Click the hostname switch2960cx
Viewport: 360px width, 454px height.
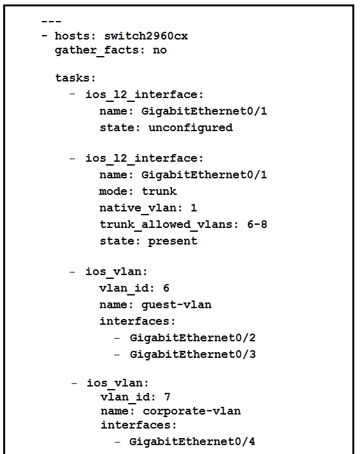point(146,36)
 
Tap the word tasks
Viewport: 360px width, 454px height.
point(73,78)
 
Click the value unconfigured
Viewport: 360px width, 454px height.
point(191,128)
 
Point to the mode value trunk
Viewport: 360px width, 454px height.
point(159,192)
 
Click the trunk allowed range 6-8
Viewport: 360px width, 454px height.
point(257,224)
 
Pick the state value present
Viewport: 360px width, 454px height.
point(173,241)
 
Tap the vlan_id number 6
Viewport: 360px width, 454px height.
point(166,288)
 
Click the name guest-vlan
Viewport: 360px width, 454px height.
point(176,305)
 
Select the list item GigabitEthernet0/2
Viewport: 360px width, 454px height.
point(193,338)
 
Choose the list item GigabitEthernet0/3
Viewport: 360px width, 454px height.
point(193,355)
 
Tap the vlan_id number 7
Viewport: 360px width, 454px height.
point(167,397)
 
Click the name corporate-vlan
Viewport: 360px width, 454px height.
point(192,411)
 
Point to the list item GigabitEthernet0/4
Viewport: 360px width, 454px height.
point(192,442)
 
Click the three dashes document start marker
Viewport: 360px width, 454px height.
point(51,22)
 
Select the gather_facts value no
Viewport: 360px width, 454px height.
point(160,50)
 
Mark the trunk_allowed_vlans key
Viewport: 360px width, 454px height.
point(166,224)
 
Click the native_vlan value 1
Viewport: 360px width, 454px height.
point(194,208)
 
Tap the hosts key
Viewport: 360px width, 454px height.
point(73,36)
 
